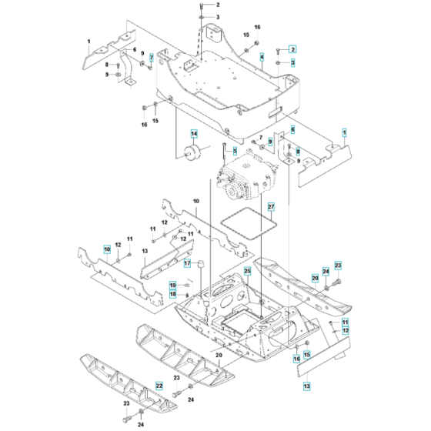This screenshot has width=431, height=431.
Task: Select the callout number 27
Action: [270, 207]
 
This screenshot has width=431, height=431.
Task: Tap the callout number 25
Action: [248, 272]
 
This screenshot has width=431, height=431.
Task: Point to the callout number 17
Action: [186, 263]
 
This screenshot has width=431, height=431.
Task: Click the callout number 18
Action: [174, 294]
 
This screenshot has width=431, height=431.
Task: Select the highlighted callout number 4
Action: [262, 57]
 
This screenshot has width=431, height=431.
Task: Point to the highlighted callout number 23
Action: [337, 266]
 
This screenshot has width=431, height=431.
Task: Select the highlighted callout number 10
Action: [107, 249]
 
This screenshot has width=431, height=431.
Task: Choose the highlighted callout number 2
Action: [292, 49]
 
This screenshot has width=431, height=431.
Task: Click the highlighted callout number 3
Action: [292, 62]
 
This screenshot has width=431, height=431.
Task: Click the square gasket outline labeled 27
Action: [248, 228]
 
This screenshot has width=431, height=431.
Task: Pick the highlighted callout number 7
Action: [152, 58]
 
